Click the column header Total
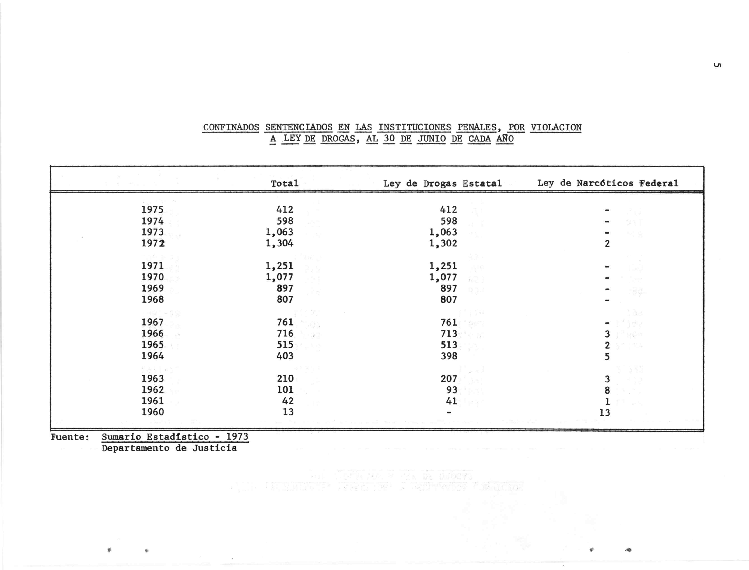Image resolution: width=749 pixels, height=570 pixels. pos(285,183)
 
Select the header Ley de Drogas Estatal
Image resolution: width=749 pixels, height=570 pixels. pos(442,183)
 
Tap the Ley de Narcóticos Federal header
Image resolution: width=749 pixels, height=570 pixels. pos(607,183)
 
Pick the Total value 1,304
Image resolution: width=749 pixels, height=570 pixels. pos(279,243)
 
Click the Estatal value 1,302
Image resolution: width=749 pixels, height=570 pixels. pos(443,243)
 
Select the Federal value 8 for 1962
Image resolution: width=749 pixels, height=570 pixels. pos(607,390)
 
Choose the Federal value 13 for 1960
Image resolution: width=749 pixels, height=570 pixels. pos(605,412)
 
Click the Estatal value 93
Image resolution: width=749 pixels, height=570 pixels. pos(452,390)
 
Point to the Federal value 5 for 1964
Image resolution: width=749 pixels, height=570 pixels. pos(607,357)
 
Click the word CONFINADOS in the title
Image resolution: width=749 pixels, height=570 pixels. pos(231,127)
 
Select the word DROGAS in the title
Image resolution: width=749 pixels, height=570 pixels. pos(338,139)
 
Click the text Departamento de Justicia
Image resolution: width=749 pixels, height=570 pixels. pos(169,448)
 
